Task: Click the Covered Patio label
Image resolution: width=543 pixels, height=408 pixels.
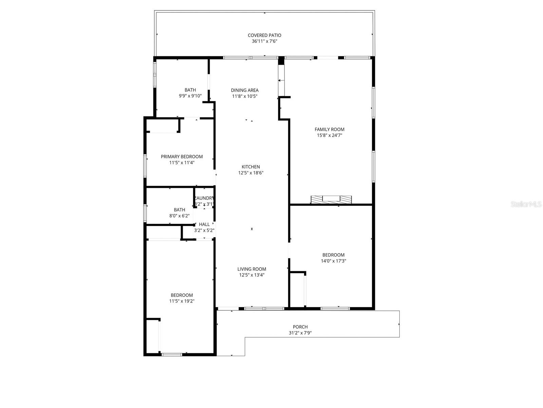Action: tap(264, 35)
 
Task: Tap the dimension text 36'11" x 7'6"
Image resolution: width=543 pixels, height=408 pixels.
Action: tap(264, 41)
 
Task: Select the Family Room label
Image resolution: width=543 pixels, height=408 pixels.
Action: tap(329, 129)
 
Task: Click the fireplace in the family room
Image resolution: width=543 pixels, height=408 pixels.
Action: tap(331, 200)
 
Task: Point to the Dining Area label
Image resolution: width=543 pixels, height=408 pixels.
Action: tap(245, 90)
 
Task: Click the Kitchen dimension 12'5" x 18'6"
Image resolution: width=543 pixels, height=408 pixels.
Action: tap(251, 173)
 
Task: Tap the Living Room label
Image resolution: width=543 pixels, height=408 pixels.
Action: tap(251, 269)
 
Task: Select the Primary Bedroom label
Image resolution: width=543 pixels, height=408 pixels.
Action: tap(182, 157)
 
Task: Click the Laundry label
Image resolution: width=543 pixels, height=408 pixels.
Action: tap(204, 198)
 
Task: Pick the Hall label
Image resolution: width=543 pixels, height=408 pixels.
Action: tap(204, 224)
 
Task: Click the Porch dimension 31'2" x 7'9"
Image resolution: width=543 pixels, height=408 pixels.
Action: tap(300, 333)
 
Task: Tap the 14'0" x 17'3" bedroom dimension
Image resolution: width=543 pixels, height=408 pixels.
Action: tap(333, 261)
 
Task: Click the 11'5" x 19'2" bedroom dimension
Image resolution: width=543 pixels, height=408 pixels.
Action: tap(182, 301)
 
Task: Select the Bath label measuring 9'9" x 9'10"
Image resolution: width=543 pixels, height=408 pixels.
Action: tap(190, 90)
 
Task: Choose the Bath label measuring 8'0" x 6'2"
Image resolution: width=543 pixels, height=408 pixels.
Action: tap(180, 210)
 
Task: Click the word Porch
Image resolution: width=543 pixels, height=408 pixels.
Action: tap(300, 327)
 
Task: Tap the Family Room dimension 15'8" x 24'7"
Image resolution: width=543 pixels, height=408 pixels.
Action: tap(329, 135)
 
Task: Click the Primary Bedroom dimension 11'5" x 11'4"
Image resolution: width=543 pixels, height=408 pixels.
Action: tap(182, 163)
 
